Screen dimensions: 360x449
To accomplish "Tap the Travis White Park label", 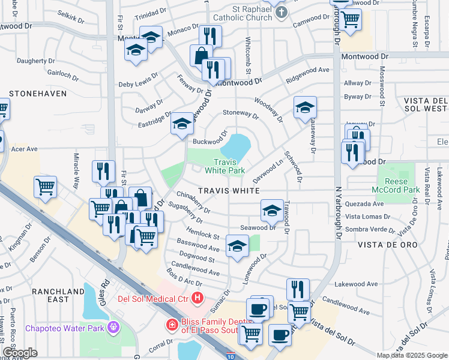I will [224, 166].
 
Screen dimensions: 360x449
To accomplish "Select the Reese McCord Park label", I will [396, 186].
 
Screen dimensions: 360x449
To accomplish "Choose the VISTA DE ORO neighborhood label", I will [384, 245].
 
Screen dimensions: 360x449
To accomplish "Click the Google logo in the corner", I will [20, 353].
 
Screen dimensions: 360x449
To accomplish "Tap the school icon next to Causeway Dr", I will [305, 108].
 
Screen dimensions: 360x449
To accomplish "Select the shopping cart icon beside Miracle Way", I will [46, 188].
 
